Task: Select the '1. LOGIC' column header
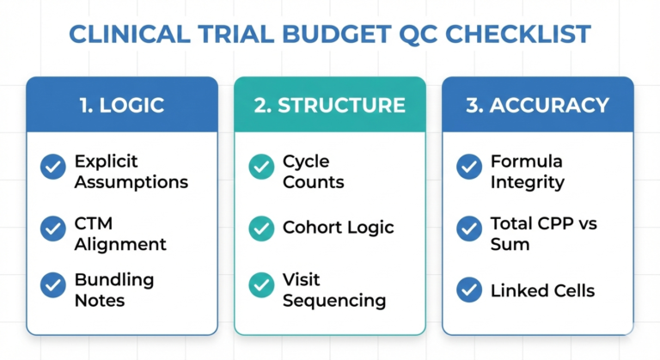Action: click(x=121, y=105)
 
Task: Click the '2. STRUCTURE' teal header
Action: click(x=329, y=105)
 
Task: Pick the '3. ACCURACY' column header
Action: click(x=537, y=105)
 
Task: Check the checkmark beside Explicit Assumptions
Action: click(x=53, y=167)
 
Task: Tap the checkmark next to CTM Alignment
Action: click(x=53, y=229)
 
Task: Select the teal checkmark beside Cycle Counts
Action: click(x=261, y=167)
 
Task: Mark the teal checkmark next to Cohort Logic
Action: click(x=261, y=229)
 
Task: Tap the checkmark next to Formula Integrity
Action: click(x=469, y=167)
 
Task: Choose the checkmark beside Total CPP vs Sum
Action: click(x=469, y=229)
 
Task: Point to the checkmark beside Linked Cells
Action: click(x=469, y=290)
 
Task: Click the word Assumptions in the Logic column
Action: click(x=131, y=182)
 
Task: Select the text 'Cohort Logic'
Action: click(x=338, y=229)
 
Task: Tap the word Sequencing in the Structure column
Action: click(x=333, y=301)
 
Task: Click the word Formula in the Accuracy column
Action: click(x=526, y=162)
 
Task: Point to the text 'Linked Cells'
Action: click(x=541, y=290)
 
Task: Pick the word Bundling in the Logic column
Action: click(x=113, y=280)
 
